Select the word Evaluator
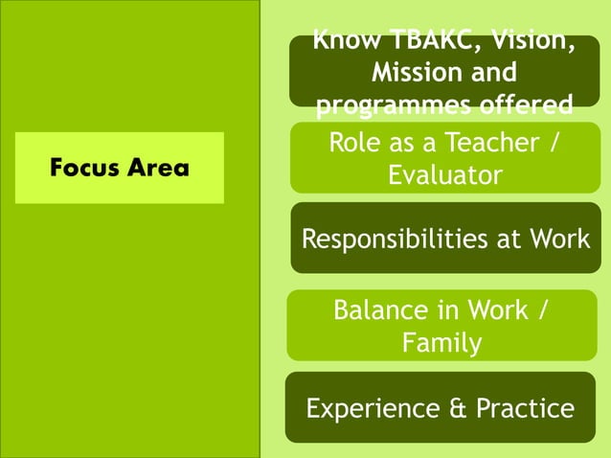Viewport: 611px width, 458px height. (x=444, y=175)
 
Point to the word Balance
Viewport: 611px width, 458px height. (x=379, y=310)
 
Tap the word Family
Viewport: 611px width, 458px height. (x=441, y=342)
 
